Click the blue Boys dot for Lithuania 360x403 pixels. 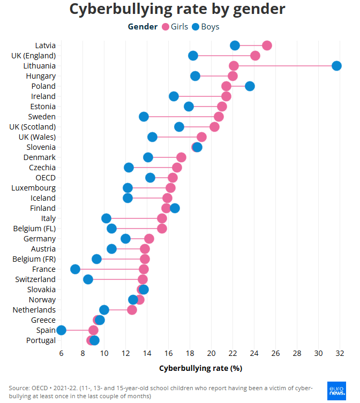coord(336,66)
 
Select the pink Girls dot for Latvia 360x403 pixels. coord(267,45)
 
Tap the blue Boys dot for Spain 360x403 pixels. coord(61,330)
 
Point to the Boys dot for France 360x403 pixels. coord(75,269)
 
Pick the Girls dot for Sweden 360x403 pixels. coord(219,117)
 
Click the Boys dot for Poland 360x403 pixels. coord(250,86)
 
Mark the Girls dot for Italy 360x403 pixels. coord(162,218)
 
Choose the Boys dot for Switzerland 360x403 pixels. coord(88,279)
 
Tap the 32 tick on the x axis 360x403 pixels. coord(340,353)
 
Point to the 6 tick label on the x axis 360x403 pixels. coord(61,353)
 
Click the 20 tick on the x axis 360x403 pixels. coord(211,353)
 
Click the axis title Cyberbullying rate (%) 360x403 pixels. coord(200,368)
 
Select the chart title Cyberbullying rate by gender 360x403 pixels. coord(177,9)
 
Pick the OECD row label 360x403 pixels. coord(45,178)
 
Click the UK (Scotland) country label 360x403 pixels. coord(32,127)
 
